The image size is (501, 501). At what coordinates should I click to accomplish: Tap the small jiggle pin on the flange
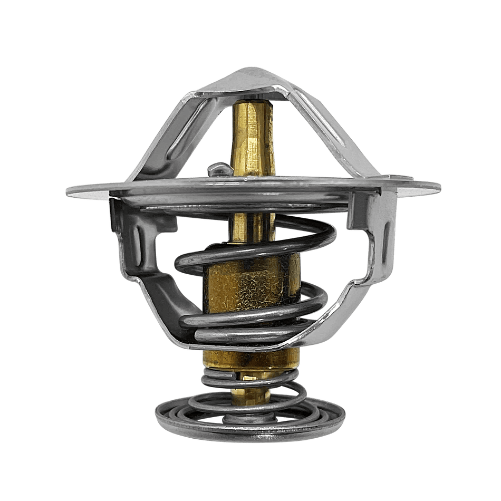(217, 170)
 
